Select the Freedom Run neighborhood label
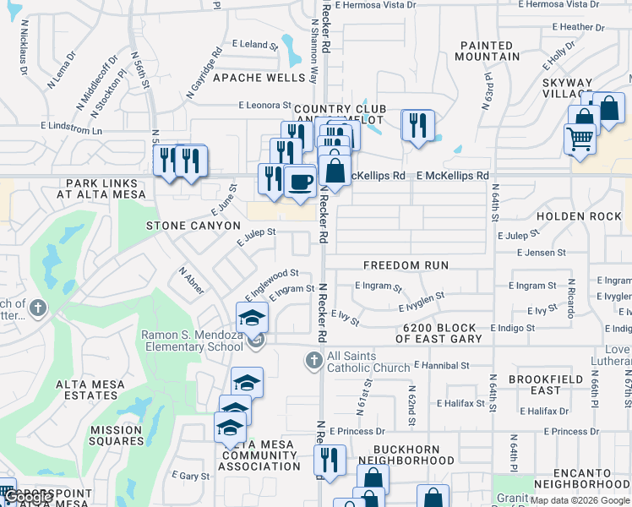406,265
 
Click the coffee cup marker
300,181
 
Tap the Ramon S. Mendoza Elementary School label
191,341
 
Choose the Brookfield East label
546,384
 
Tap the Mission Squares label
117,435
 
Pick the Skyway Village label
566,88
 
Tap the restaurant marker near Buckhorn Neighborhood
330,460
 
